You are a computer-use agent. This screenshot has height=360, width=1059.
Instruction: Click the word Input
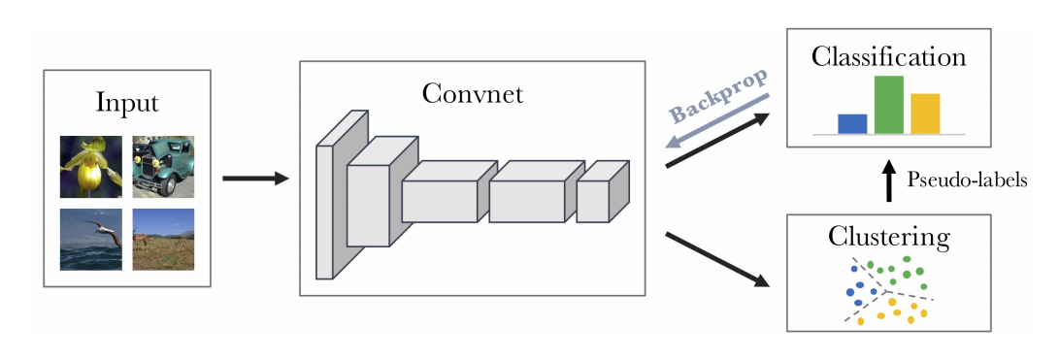point(127,103)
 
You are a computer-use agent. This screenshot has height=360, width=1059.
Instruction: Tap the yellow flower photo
point(90,166)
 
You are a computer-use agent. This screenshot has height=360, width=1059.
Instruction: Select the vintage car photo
point(163,166)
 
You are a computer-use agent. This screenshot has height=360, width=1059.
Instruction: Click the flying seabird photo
point(90,239)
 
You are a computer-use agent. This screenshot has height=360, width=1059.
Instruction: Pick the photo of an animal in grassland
point(163,239)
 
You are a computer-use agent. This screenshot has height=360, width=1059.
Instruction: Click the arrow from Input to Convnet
point(255,179)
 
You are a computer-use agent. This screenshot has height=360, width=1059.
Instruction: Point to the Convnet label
point(473,94)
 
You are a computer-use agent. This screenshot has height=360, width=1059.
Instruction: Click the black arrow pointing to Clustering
point(718,258)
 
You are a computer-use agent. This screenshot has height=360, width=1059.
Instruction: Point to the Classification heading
point(889,57)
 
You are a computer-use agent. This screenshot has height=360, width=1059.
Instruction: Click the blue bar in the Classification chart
point(852,123)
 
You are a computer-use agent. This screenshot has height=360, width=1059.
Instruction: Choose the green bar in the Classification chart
point(889,105)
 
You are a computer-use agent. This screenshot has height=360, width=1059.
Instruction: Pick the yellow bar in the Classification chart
point(925,113)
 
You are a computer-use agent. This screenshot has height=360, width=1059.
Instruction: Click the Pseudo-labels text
point(966,180)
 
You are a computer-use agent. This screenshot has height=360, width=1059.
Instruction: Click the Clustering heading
point(889,237)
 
